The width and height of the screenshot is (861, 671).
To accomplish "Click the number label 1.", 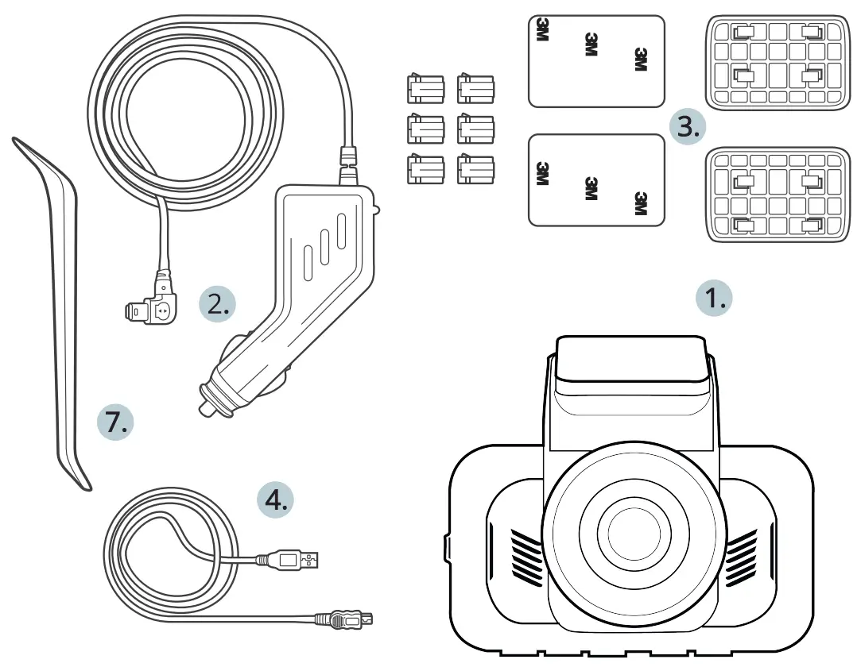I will click(712, 299).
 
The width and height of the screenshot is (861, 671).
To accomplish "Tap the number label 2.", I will click(216, 304).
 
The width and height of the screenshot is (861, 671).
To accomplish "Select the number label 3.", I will click(686, 127).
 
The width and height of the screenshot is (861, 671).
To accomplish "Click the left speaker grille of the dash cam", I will click(525, 553).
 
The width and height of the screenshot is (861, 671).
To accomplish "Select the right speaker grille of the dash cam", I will click(742, 553).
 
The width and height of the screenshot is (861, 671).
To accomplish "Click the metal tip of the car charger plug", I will click(206, 404).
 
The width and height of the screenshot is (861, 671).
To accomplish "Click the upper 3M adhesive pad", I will click(596, 61).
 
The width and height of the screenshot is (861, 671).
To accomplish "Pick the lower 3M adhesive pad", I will click(596, 179).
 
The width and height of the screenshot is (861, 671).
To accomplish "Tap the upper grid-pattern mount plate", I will click(778, 62).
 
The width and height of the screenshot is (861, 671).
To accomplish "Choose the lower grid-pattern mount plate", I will click(778, 194).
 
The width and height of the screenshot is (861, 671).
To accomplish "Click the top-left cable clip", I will click(425, 89).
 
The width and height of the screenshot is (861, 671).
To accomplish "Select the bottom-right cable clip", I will click(475, 169).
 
